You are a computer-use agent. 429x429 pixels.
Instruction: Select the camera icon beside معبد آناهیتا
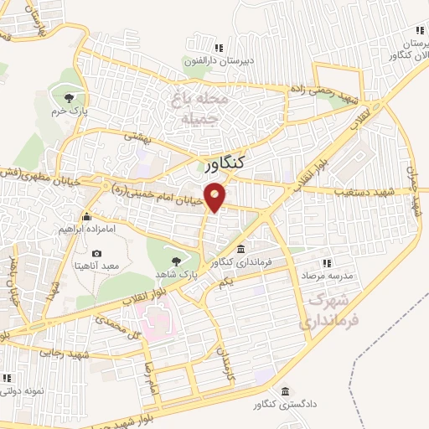(x=96, y=254)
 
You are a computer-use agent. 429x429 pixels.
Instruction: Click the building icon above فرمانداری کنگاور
(x=240, y=251)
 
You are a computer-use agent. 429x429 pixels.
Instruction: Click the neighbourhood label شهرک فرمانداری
(x=328, y=308)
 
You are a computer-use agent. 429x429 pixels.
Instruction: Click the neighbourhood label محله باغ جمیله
(x=199, y=109)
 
